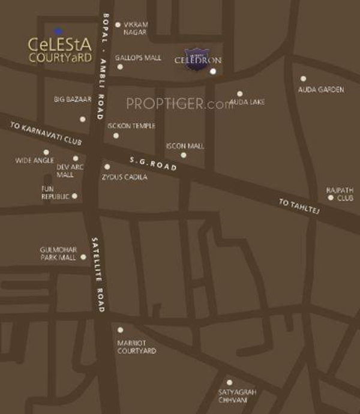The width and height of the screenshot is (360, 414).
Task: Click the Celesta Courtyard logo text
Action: point(60,50)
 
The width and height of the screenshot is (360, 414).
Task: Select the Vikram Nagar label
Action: point(136,28)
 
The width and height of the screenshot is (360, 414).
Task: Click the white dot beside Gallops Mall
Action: point(120,67)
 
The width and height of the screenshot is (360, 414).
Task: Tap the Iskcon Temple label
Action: point(131,126)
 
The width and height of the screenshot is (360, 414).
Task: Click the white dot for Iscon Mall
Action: point(184,155)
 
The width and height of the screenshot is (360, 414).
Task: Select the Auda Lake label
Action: point(247,103)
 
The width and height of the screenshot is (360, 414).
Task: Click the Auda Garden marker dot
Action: point(303,79)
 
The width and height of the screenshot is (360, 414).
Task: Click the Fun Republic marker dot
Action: point(74,196)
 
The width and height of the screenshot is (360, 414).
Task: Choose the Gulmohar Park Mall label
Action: point(58,253)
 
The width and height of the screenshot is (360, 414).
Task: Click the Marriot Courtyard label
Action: point(137,347)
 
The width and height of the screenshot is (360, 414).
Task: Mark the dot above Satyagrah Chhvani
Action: point(229,382)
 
